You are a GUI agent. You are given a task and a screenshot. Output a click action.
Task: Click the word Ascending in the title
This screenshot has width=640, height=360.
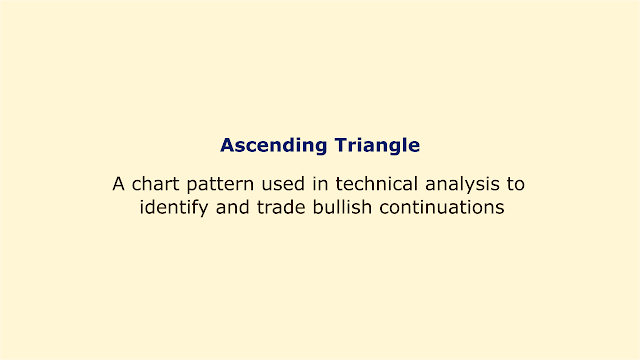tap(273, 146)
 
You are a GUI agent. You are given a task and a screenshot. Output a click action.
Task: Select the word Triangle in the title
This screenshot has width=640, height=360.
tap(377, 146)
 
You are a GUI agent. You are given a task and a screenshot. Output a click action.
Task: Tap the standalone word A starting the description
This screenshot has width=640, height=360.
tap(118, 184)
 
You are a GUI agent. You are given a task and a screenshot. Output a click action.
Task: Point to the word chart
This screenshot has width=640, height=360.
tap(156, 184)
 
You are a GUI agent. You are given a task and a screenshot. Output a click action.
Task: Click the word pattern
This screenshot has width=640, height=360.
tap(220, 185)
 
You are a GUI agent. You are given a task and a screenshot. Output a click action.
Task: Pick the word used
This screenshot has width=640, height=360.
tap(283, 184)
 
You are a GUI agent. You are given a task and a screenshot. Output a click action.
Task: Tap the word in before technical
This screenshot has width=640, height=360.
tap(320, 184)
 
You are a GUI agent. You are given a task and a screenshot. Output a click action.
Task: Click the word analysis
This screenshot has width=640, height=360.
tap(462, 185)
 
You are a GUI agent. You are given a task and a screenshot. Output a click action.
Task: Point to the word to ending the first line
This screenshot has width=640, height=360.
tap(516, 184)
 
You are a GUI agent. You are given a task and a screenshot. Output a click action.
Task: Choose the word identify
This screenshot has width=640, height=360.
tap(174, 208)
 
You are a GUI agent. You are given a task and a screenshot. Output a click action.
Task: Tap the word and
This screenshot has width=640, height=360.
tap(232, 207)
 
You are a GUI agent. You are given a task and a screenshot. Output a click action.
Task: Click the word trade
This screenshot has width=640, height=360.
tap(281, 207)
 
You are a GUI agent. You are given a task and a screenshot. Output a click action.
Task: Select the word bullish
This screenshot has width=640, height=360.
tap(342, 207)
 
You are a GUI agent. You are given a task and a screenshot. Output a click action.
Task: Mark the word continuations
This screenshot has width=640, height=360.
tap(442, 207)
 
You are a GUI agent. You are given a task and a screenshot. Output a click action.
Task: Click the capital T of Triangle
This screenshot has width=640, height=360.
tap(342, 145)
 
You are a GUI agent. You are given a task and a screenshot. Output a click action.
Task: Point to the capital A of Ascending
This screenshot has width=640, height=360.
tap(228, 145)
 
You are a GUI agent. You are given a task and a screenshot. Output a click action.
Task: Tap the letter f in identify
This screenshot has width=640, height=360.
tap(196, 207)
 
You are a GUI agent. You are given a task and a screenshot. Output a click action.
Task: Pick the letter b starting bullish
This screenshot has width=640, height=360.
tap(318, 207)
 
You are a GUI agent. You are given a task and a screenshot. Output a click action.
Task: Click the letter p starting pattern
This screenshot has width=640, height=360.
tap(192, 187)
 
